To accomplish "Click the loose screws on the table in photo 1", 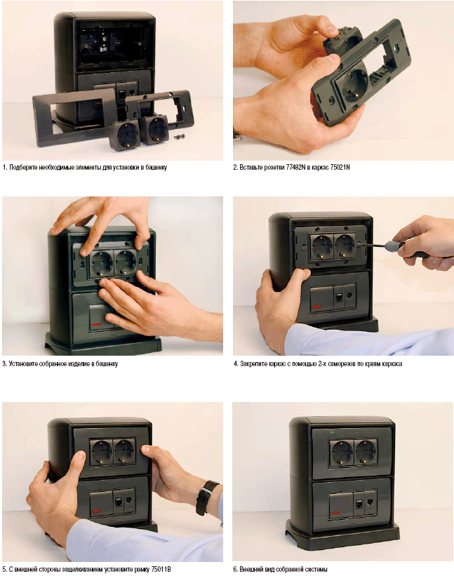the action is tap(180, 136).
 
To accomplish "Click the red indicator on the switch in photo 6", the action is tap(335, 513).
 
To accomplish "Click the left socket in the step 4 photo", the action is tap(322, 246).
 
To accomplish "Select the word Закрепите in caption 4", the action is tap(252, 364).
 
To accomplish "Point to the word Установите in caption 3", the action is tap(21, 364).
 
